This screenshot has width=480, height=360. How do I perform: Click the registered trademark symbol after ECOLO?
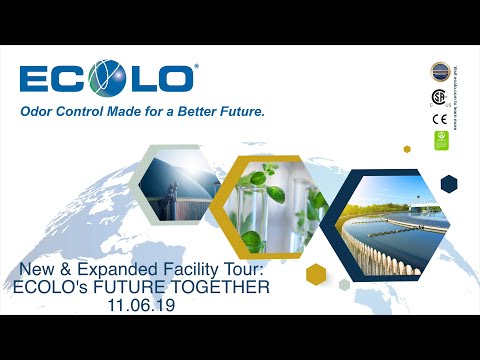click(x=195, y=67)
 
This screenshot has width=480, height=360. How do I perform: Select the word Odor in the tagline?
click(x=39, y=113)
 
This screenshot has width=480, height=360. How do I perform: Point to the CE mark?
click(x=438, y=119)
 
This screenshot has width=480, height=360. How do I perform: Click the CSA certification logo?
click(x=438, y=97)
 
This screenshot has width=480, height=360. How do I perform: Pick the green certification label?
click(x=438, y=140)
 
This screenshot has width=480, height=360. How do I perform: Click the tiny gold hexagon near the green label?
click(x=407, y=149)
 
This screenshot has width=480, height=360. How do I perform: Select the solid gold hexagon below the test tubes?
click(x=317, y=274)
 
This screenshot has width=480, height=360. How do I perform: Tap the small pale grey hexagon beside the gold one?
click(x=345, y=284)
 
